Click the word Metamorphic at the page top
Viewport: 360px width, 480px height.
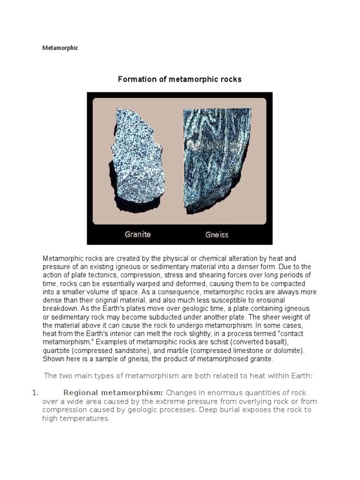(x=60, y=48)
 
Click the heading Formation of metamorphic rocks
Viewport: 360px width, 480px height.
(x=180, y=79)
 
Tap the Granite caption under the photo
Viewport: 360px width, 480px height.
(x=138, y=234)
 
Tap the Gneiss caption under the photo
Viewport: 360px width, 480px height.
(x=217, y=234)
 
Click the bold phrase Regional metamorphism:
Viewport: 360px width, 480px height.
(x=113, y=392)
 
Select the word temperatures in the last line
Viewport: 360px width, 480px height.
(x=84, y=419)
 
